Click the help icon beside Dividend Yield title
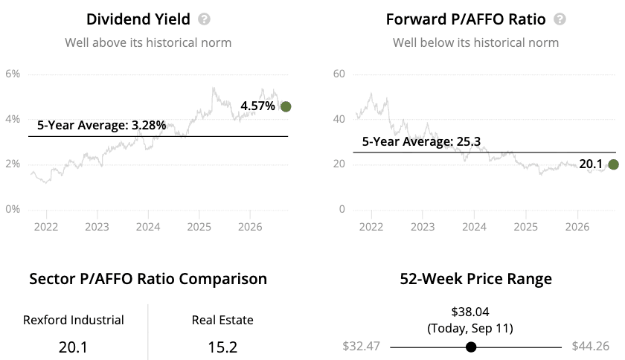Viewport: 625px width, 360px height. [204, 19]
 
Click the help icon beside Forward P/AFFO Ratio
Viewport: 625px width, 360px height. [560, 19]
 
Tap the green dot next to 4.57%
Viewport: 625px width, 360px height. [286, 106]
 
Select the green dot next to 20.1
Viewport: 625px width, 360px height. [613, 164]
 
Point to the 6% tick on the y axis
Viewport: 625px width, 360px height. [13, 74]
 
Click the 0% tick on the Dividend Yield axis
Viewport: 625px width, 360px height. [13, 209]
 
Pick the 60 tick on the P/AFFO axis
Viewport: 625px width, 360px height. [339, 74]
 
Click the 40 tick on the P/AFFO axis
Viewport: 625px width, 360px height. [339, 119]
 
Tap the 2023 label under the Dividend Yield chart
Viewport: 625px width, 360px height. [97, 227]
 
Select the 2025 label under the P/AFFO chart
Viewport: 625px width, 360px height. [526, 227]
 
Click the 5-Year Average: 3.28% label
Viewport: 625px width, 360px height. [102, 125]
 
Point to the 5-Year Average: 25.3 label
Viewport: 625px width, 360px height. [421, 141]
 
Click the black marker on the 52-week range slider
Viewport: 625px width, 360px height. [471, 347]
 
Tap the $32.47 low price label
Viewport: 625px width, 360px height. [361, 346]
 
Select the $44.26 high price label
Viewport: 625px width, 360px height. [591, 346]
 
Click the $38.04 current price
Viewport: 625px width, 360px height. [470, 312]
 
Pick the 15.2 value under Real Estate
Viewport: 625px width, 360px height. [222, 347]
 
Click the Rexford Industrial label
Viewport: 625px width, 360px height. [74, 320]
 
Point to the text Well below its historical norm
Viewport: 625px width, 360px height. [476, 42]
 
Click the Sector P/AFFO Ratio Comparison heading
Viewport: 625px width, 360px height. [148, 279]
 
